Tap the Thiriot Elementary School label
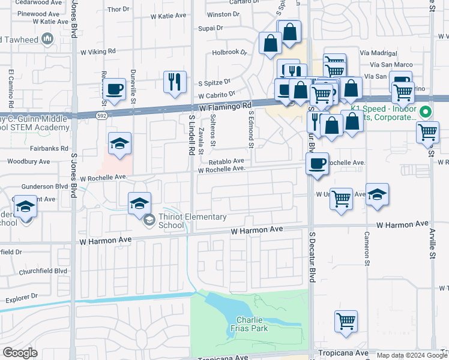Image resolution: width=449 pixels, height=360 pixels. pyautogui.click(x=192, y=221)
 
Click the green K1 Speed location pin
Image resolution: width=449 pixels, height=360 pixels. pyautogui.click(x=426, y=112)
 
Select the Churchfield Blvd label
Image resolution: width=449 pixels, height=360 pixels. pyautogui.click(x=44, y=271)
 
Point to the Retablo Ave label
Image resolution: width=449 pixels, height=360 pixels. pyautogui.click(x=226, y=161)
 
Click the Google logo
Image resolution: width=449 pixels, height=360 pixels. pyautogui.click(x=20, y=353)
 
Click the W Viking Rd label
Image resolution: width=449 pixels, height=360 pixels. pyautogui.click(x=88, y=52)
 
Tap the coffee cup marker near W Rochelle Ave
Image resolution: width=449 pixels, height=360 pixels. pyautogui.click(x=316, y=163)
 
